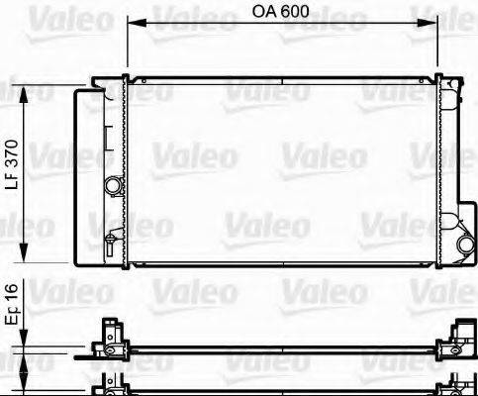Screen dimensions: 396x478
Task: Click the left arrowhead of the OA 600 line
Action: tap(133, 24)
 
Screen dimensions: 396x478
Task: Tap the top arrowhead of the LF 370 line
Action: tap(24, 91)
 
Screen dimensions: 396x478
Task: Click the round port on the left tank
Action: tap(115, 184)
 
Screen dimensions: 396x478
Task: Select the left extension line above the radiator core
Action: tap(128, 45)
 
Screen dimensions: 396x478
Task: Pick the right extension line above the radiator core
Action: tap(438, 45)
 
